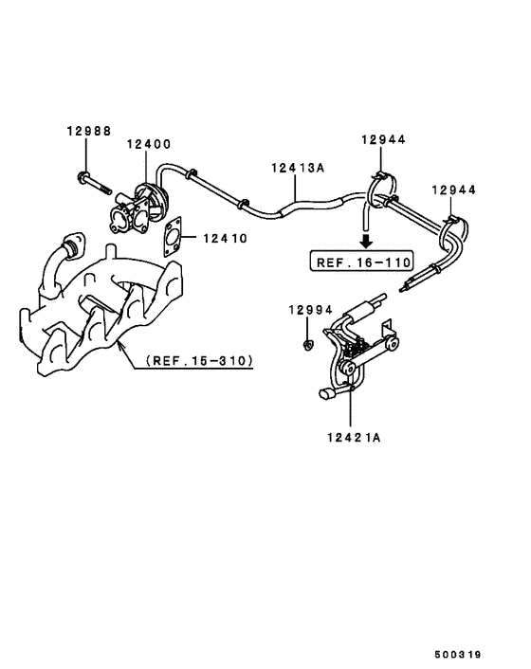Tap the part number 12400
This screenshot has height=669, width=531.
149,144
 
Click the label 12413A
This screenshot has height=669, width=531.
297,168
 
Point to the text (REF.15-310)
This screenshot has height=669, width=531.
199,360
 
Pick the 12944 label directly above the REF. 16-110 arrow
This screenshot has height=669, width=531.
382,140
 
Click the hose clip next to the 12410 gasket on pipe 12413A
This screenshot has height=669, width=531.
244,203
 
